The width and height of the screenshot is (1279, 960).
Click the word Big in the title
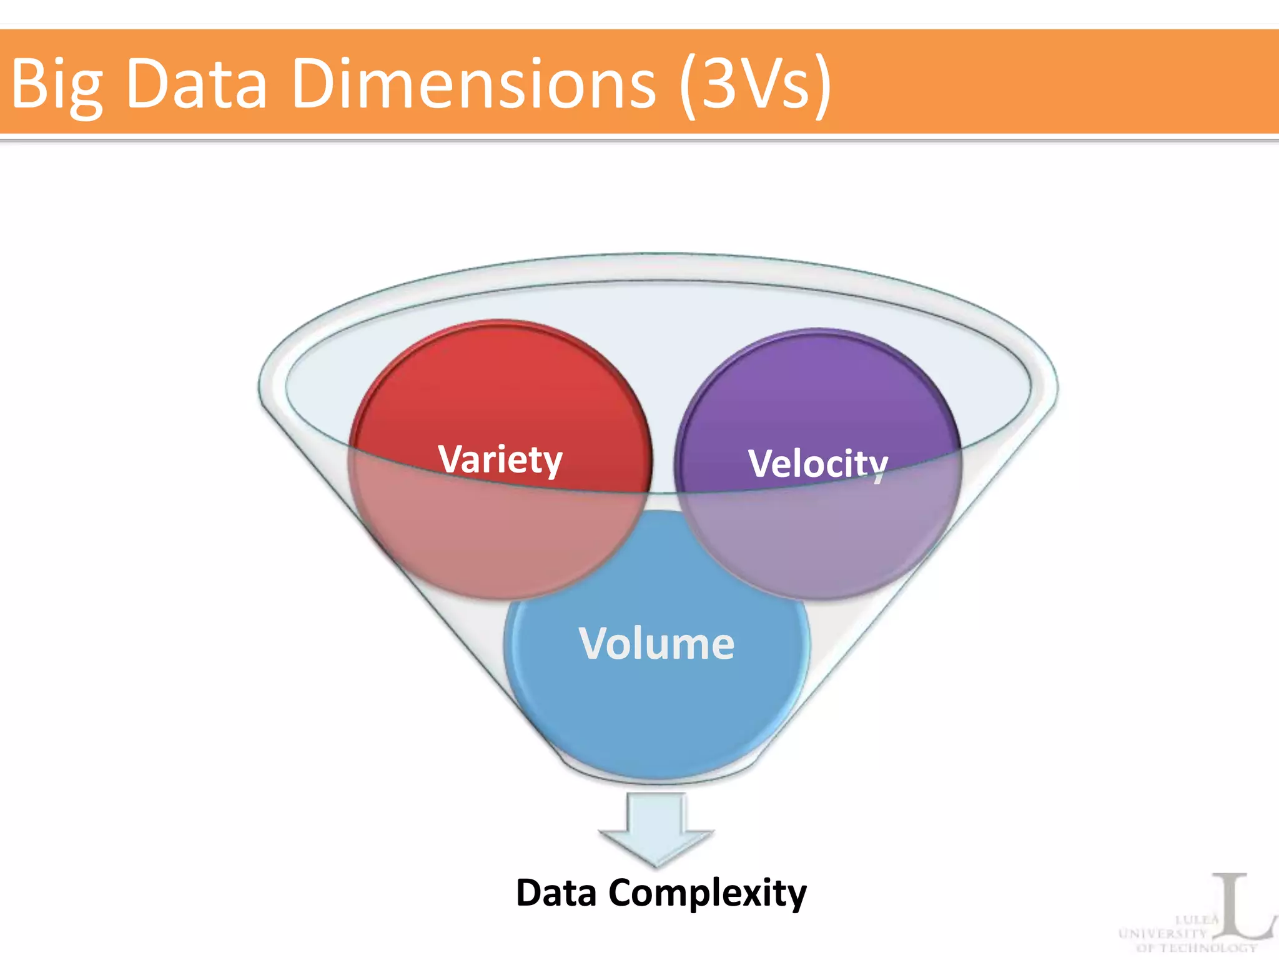click(x=56, y=84)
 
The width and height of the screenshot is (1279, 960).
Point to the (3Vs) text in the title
click(x=756, y=84)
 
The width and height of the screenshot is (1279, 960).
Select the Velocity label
click(x=818, y=464)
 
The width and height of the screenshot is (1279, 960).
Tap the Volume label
click(x=656, y=643)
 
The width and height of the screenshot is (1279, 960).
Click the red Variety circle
click(x=500, y=387)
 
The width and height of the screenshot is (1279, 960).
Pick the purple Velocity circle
click(x=818, y=394)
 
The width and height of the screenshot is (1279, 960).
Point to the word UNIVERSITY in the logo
click(x=1163, y=934)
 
